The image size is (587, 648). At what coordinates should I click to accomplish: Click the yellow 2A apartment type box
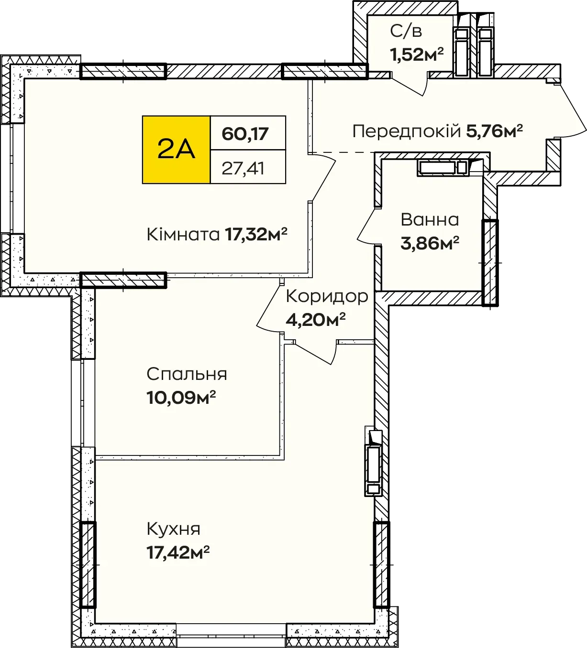coord(176,150)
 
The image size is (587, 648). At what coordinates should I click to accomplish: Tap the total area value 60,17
coord(245,134)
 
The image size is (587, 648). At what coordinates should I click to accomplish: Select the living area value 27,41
coord(243,168)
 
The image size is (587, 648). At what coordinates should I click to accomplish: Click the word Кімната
coord(183,234)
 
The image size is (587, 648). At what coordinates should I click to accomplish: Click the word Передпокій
coord(406,131)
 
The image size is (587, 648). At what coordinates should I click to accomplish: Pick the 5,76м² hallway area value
coord(495,131)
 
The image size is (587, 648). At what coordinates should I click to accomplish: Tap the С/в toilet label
coord(406,31)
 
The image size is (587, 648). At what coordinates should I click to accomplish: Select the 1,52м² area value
coord(417,54)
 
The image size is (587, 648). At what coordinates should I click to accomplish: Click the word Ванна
coord(430,220)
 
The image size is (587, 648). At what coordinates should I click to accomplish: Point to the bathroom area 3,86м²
coord(430,243)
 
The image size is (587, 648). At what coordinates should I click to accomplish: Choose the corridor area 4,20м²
coord(316,320)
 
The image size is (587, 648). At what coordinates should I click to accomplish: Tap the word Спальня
coord(187,374)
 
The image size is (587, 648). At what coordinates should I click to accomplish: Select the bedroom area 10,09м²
coord(181,398)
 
